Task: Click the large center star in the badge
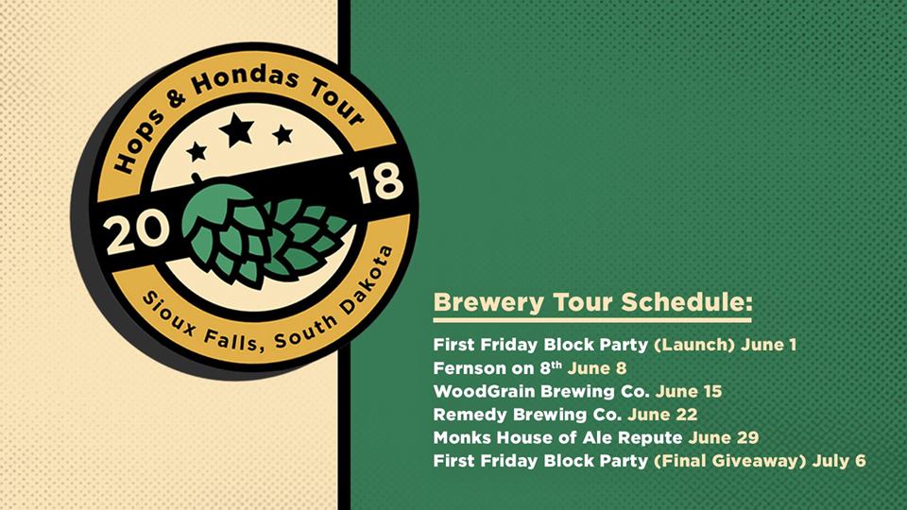click(x=236, y=129)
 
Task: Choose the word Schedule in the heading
click(x=687, y=302)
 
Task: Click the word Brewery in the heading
click(x=489, y=303)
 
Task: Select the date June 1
click(x=768, y=345)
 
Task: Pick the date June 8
click(x=597, y=368)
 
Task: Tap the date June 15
click(x=689, y=391)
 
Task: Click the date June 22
click(x=662, y=415)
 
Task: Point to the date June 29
click(x=724, y=437)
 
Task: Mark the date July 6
click(x=839, y=461)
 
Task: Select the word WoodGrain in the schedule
click(x=484, y=391)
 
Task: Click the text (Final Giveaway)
click(x=730, y=462)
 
